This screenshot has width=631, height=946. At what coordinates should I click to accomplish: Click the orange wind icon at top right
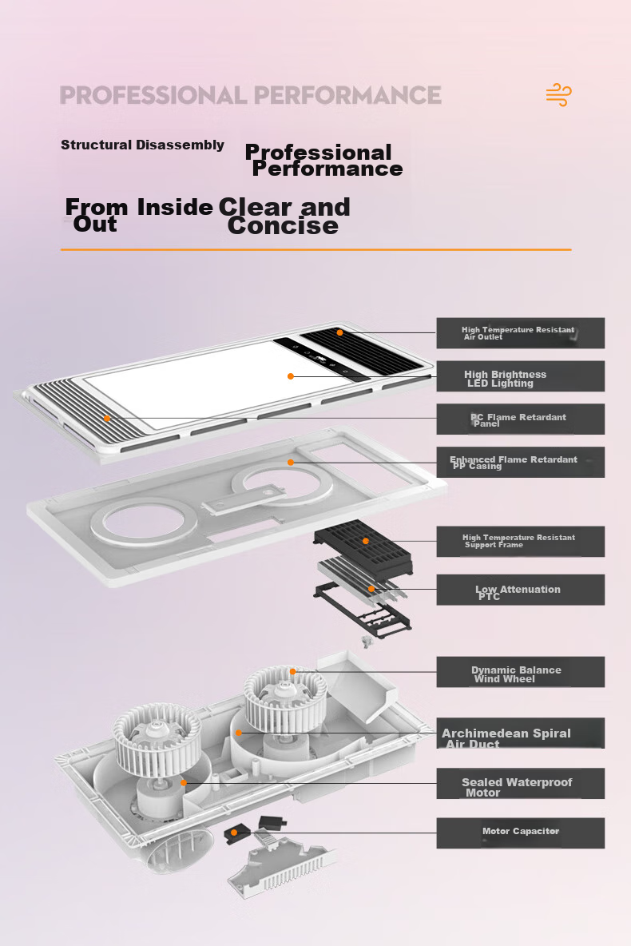pyautogui.click(x=558, y=95)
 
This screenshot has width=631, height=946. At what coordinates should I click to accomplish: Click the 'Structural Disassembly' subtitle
pyautogui.click(x=142, y=145)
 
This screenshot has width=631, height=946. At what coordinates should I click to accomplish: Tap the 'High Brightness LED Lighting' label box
pyautogui.click(x=521, y=376)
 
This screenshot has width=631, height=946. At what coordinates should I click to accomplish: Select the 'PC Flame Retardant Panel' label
pyautogui.click(x=521, y=419)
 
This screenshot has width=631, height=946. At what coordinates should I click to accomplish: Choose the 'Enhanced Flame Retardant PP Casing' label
pyautogui.click(x=521, y=462)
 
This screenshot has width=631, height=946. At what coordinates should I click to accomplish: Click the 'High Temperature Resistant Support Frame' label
pyautogui.click(x=521, y=541)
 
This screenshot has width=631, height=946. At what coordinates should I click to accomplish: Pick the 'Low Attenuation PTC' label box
pyautogui.click(x=521, y=590)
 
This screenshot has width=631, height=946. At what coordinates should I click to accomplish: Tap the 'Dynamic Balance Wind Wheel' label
pyautogui.click(x=521, y=672)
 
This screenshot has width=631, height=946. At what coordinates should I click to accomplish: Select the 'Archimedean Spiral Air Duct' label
pyautogui.click(x=521, y=733)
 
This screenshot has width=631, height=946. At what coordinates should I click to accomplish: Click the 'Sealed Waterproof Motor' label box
pyautogui.click(x=521, y=784)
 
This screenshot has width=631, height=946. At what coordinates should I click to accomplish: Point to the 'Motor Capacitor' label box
pyautogui.click(x=521, y=833)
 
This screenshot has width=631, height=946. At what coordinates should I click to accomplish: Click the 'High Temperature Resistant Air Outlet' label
pyautogui.click(x=521, y=333)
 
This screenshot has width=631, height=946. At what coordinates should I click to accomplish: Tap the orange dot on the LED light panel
pyautogui.click(x=291, y=376)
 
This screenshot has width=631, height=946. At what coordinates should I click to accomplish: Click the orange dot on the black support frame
pyautogui.click(x=366, y=541)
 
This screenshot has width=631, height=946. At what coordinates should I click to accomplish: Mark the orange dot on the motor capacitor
pyautogui.click(x=234, y=833)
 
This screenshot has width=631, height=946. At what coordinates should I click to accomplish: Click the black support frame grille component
pyautogui.click(x=363, y=547)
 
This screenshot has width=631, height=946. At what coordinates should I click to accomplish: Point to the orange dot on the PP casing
pyautogui.click(x=291, y=462)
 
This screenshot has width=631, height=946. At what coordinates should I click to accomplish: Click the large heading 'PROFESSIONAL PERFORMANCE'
pyautogui.click(x=250, y=95)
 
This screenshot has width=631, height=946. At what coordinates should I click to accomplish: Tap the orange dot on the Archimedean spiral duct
pyautogui.click(x=239, y=733)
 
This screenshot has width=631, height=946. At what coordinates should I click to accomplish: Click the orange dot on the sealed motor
pyautogui.click(x=184, y=783)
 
